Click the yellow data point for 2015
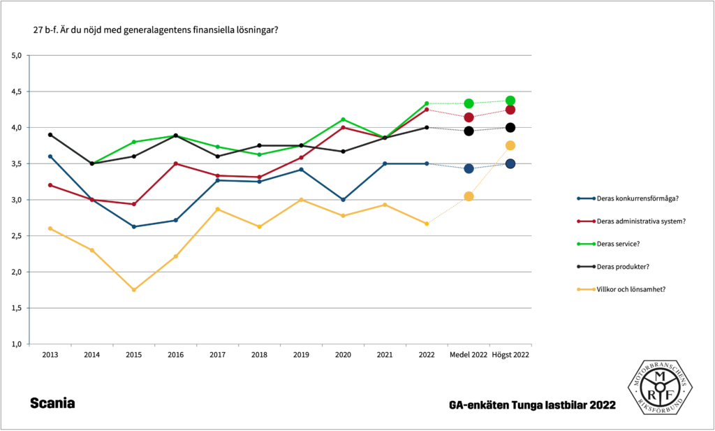tap(133, 290)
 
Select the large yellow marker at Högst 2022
tap(510, 145)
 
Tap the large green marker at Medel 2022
tap(469, 103)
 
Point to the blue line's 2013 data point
tap(50, 156)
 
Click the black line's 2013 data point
tap(50, 135)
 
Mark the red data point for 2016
tap(175, 163)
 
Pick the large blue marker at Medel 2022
tap(469, 168)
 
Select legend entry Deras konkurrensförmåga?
tap(638, 198)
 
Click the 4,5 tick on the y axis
tap(17, 92)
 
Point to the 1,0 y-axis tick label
tap(17, 344)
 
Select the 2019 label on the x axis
tap(301, 355)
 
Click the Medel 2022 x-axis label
tap(469, 355)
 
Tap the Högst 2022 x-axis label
tap(510, 355)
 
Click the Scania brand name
tap(52, 404)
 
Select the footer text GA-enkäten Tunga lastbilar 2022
tap(533, 405)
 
